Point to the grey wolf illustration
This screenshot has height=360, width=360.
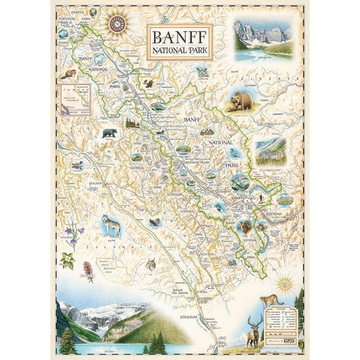pyautogui.click(x=111, y=224)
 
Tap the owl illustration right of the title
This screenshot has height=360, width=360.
pyautogui.click(x=202, y=72)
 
